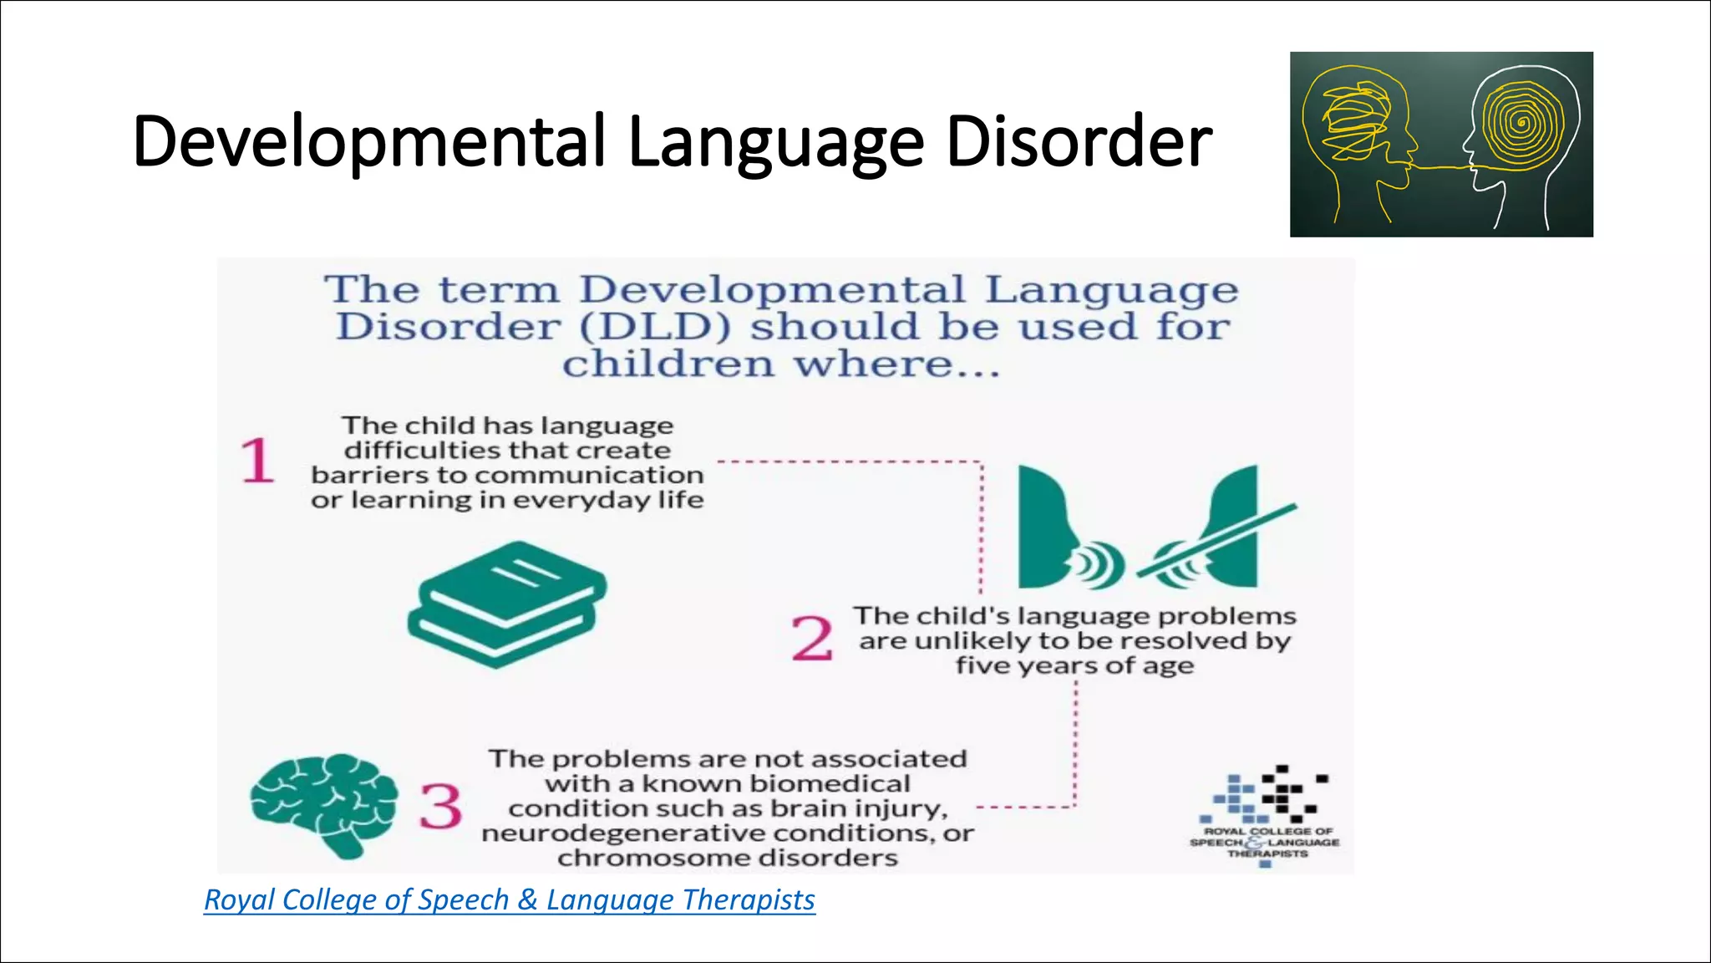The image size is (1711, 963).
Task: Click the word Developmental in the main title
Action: pos(368,142)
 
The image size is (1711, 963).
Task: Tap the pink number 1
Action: pos(256,461)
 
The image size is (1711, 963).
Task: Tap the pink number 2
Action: pos(812,639)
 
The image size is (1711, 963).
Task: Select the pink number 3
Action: pos(440,807)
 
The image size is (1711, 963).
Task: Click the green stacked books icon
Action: pos(507,604)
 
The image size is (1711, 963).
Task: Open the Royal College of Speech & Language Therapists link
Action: pos(510,900)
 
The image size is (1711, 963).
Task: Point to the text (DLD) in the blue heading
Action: pos(654,327)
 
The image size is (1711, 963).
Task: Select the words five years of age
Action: pos(1074,666)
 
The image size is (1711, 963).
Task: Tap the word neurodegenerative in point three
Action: pos(622,833)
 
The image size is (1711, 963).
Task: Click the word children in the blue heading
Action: pos(668,364)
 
